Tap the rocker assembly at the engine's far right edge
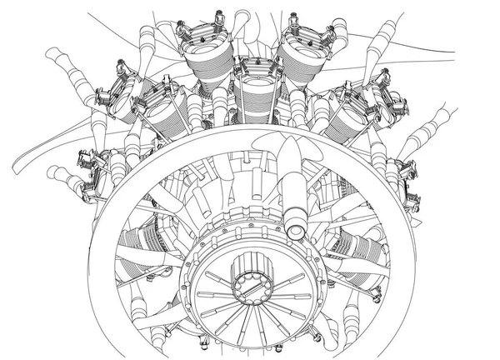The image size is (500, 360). pos(408,171)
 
